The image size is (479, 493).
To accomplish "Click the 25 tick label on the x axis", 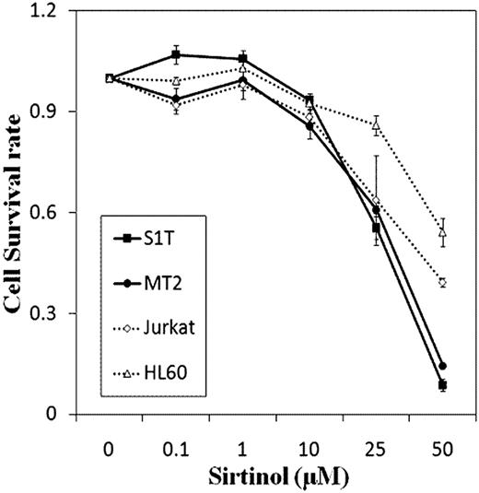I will [x=376, y=441].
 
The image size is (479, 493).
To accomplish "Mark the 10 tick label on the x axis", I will [x=310, y=441].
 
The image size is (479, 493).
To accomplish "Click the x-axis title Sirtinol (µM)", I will [x=275, y=474].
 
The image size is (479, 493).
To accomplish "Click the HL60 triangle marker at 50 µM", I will [x=443, y=232].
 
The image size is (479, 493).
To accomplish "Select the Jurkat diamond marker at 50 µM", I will [x=443, y=283].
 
